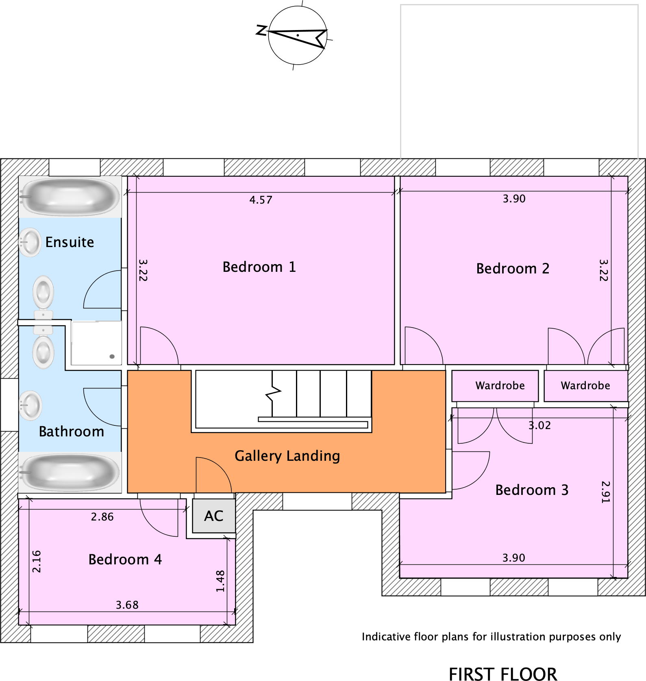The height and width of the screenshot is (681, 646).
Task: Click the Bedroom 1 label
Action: click(x=259, y=267)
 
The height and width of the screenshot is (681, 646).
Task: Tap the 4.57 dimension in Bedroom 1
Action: click(x=261, y=200)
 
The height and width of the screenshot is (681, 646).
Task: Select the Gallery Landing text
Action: click(x=287, y=456)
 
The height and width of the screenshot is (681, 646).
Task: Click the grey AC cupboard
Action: click(x=214, y=516)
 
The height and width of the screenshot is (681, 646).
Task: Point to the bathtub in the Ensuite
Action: click(x=70, y=197)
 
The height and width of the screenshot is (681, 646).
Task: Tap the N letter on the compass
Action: click(x=261, y=30)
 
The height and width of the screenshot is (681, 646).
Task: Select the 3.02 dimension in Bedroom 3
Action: click(x=539, y=425)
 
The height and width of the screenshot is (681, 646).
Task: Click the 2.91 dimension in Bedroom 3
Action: click(x=605, y=492)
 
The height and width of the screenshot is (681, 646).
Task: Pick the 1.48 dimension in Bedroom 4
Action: click(x=220, y=581)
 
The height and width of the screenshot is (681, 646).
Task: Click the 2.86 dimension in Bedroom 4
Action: click(x=102, y=517)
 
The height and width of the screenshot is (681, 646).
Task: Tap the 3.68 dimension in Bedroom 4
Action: click(x=127, y=605)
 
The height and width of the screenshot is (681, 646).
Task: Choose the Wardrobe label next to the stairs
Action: click(x=500, y=386)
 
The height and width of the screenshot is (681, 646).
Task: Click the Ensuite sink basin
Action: click(x=30, y=243)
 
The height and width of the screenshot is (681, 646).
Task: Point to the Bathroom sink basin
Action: click(x=30, y=405)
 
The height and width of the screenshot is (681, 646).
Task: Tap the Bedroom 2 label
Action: click(x=513, y=269)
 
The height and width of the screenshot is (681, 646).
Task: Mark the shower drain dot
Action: click(x=112, y=356)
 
